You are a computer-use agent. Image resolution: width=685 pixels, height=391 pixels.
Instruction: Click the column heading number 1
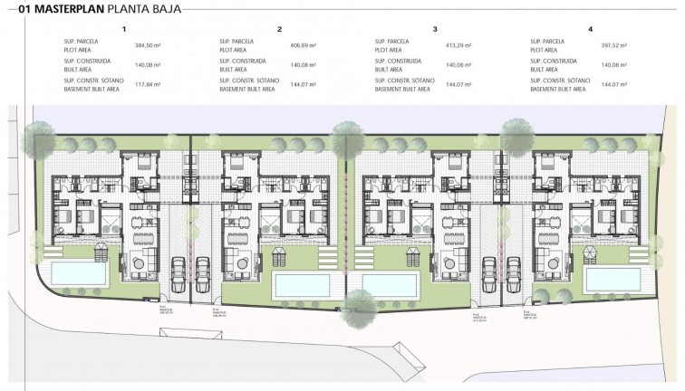123,30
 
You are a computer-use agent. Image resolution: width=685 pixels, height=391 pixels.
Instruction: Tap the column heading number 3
435,30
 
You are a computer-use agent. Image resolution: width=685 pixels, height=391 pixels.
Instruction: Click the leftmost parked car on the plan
178,269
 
